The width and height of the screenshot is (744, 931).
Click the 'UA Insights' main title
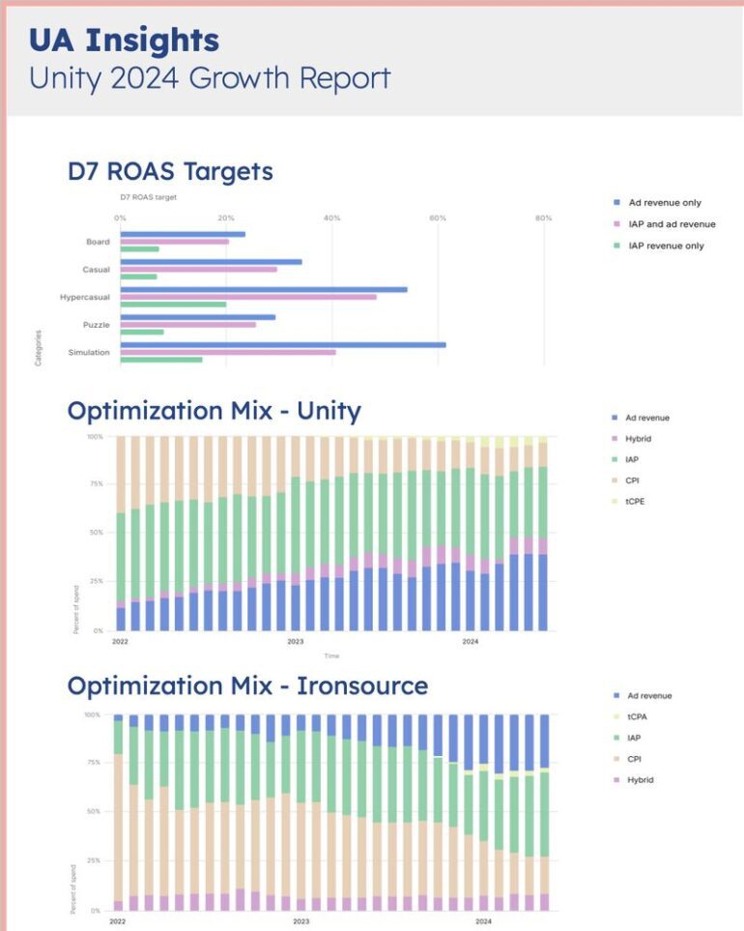click(124, 41)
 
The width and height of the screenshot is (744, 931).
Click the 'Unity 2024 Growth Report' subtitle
click(209, 77)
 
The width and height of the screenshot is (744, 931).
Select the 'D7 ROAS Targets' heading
click(170, 172)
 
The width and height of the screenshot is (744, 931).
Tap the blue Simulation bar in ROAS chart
click(282, 344)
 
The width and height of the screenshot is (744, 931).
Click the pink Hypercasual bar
click(247, 297)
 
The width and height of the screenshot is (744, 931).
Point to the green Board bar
click(139, 249)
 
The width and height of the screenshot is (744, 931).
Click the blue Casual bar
click(211, 262)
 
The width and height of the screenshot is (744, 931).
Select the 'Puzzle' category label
click(97, 325)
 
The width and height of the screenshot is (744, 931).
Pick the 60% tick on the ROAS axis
click(438, 218)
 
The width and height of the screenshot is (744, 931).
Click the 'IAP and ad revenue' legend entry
click(672, 224)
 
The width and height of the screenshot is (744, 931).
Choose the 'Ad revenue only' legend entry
click(665, 203)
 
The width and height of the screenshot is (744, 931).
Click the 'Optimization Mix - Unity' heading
click(214, 410)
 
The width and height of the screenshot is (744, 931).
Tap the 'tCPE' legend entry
click(636, 502)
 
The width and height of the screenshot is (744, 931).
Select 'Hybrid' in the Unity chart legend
click(639, 439)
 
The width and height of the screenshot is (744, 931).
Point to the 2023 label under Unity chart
click(296, 641)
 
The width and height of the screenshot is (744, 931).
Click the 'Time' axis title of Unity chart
click(331, 655)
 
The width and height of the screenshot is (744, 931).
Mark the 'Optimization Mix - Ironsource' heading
click(247, 685)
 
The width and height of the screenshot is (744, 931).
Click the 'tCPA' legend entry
click(637, 716)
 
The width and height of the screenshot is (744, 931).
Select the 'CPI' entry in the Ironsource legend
click(633, 759)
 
